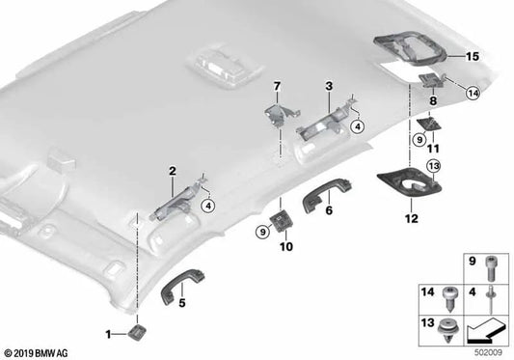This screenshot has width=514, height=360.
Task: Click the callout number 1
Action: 108,333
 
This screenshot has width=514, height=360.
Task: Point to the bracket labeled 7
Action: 278,115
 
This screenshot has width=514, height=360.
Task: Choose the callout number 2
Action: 172,171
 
